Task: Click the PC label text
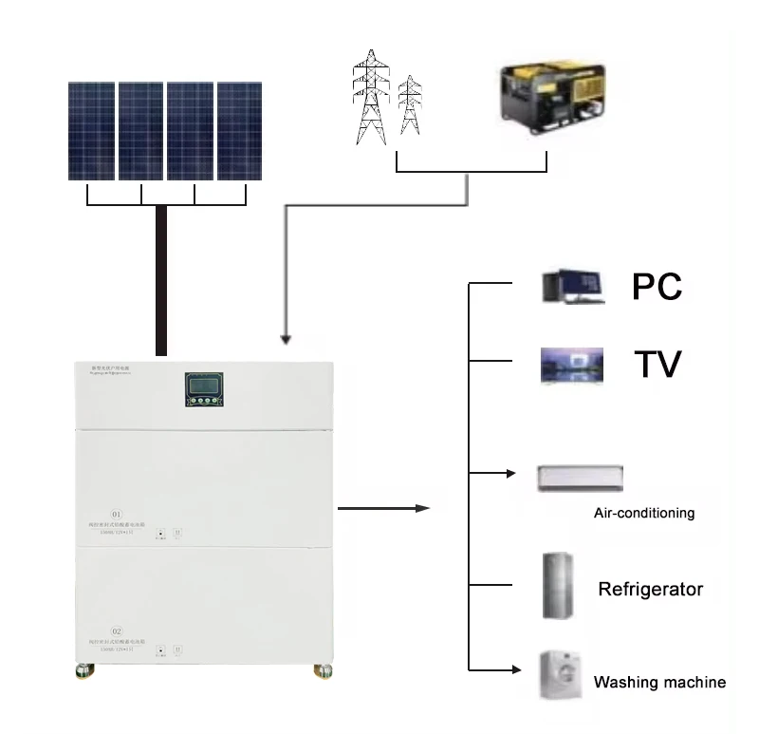(x=657, y=286)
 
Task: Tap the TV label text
(x=657, y=363)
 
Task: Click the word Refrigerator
(x=650, y=590)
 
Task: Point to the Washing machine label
(x=659, y=682)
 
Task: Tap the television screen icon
(x=571, y=365)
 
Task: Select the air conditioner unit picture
(x=579, y=477)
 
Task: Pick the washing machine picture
(x=560, y=675)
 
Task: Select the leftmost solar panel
(x=92, y=130)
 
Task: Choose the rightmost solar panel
(x=239, y=130)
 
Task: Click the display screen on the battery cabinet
(x=204, y=386)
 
